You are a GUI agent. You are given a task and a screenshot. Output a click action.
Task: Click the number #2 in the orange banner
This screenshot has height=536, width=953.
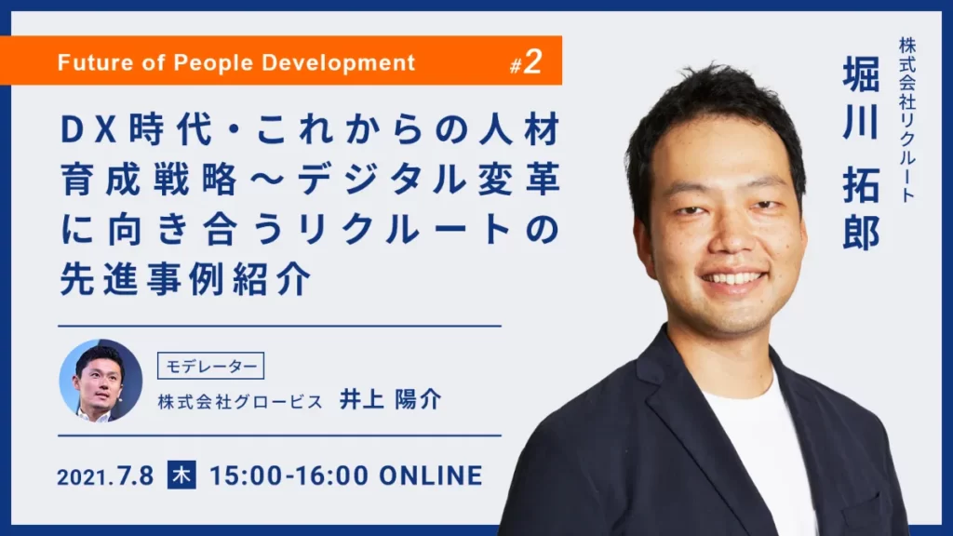point(526,62)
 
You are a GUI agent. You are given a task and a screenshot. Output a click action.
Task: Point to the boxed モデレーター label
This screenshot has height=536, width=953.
point(211,366)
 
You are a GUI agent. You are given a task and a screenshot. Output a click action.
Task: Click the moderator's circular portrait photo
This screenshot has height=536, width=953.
point(101,381)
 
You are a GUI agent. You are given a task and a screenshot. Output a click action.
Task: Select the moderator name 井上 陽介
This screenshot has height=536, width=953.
point(390,400)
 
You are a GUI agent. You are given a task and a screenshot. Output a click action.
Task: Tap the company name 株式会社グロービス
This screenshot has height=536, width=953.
point(240,402)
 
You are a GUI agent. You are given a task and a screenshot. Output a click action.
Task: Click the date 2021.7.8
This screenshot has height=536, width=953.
point(106,476)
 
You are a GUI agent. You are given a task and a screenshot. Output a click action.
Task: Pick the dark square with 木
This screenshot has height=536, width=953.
point(181,476)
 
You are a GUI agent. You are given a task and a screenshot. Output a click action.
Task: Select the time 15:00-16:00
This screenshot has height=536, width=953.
point(289,476)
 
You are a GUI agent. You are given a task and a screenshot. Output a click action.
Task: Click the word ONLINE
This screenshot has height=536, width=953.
point(431,476)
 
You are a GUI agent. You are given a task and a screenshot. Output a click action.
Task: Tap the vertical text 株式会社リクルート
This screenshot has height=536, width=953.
point(907,119)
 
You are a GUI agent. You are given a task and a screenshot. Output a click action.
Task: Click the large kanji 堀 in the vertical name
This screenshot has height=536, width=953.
point(861,74)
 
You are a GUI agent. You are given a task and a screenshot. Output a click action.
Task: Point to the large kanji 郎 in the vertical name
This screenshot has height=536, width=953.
point(861,232)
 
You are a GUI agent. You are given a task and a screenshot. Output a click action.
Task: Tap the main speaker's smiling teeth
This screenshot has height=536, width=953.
point(732,279)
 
